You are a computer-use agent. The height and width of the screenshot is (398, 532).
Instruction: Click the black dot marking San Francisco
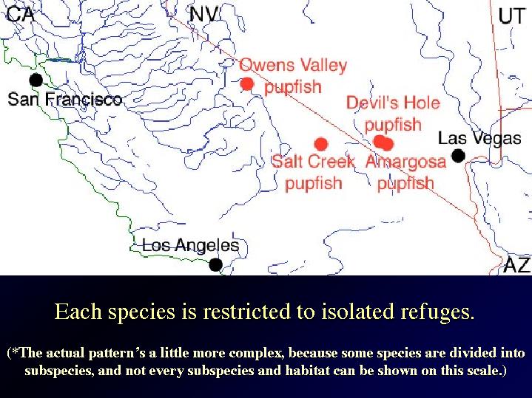point(36,80)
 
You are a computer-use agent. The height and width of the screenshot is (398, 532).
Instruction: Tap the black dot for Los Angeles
point(215,264)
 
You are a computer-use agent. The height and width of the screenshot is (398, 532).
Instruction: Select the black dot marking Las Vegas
point(458,156)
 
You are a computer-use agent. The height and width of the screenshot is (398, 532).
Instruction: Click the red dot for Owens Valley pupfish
point(247,83)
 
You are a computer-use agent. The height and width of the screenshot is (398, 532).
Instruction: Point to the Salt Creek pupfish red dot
point(321,144)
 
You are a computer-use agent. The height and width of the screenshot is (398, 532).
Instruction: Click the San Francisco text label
point(65,99)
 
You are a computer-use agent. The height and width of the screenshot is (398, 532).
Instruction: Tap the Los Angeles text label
point(191,245)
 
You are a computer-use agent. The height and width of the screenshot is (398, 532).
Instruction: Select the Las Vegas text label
point(479,138)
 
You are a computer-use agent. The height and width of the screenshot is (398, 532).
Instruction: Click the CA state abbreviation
point(21,15)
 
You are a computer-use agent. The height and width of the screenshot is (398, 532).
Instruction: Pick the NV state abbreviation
point(203,15)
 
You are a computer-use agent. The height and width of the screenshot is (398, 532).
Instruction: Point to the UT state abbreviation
point(511,16)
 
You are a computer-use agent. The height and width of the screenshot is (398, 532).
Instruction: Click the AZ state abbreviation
point(516,264)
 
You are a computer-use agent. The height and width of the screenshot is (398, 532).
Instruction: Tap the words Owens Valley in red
point(293,65)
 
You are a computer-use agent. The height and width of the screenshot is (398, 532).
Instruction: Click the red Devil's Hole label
point(393,103)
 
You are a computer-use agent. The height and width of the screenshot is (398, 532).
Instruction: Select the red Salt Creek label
point(313,161)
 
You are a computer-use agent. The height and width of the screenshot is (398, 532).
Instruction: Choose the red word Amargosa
point(405,162)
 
